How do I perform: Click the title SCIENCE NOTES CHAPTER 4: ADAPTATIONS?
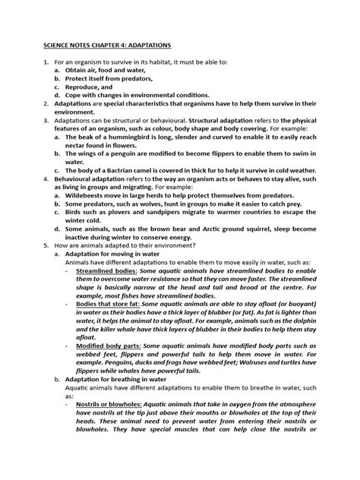[x=106, y=46]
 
